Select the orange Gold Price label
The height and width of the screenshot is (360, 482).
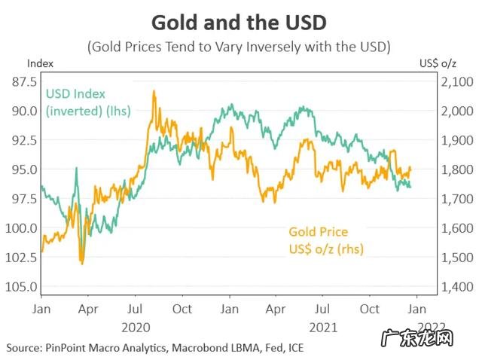319,239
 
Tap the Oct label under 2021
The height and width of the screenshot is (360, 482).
370,310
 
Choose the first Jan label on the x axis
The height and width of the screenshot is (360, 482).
41,310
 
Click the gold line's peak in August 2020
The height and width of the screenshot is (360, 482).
154,92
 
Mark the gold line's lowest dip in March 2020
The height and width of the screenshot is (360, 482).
81,263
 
